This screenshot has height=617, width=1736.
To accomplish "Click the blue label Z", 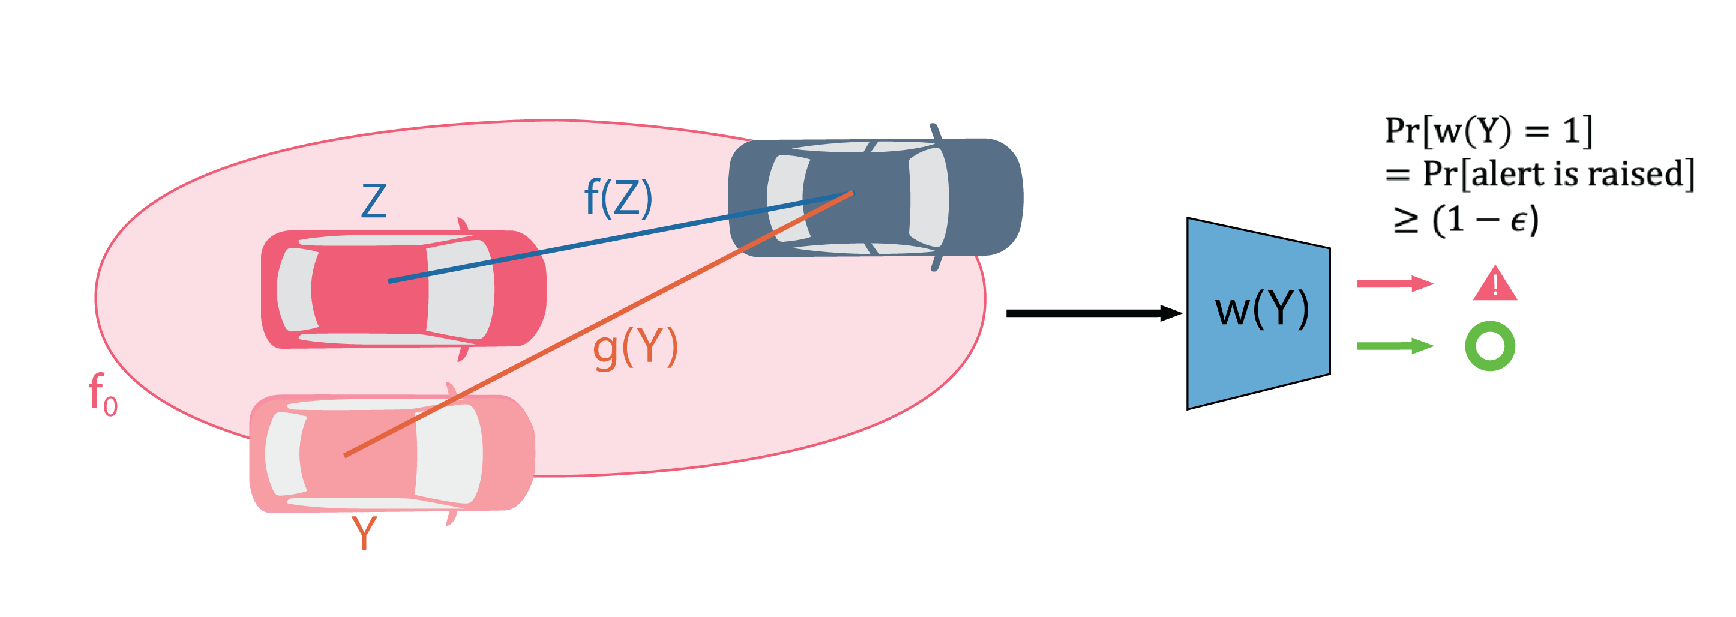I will [374, 201].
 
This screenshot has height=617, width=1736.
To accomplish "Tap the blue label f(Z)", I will [618, 198].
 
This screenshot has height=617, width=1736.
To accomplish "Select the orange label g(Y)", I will [635, 348].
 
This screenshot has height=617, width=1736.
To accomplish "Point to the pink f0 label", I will [103, 394].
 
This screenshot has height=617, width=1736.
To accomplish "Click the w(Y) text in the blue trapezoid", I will [1261, 310].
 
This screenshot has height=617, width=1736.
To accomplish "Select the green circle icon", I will [1490, 346].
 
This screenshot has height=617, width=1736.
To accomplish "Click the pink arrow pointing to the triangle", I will [1393, 284].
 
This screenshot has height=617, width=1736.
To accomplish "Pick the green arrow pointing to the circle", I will [1393, 346].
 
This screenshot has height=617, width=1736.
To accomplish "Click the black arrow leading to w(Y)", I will [1092, 313].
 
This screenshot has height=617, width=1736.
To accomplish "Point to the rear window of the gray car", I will [787, 198].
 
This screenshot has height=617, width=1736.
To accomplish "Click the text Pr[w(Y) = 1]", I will [1488, 131].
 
